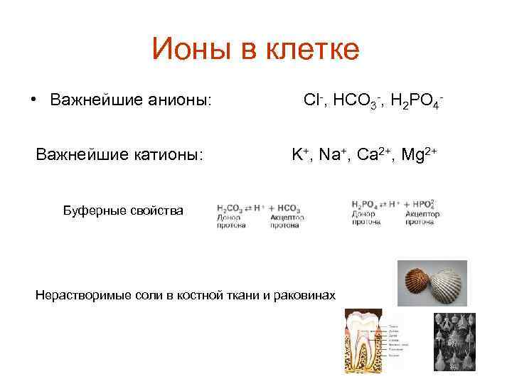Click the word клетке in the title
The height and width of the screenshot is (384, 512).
coord(312,50)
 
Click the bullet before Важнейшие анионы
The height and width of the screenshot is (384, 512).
coord(33,99)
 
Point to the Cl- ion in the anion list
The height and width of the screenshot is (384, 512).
coord(312,99)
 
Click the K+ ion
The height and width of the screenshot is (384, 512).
coord(299,154)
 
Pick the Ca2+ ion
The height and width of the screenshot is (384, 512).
coord(371,154)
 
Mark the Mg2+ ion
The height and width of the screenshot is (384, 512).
coord(420,154)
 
